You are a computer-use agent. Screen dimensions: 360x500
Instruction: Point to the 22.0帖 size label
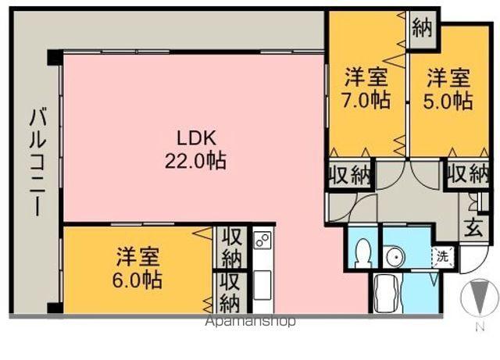pyautogui.click(x=195, y=162)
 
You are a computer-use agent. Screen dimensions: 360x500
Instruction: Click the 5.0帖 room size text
pyautogui.click(x=448, y=102)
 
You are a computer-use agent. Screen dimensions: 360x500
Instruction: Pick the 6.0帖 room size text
pyautogui.click(x=139, y=279)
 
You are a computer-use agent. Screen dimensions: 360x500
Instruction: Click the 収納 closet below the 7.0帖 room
pyautogui.click(x=349, y=175)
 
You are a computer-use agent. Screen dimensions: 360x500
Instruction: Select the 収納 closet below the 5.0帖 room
pyautogui.click(x=468, y=175)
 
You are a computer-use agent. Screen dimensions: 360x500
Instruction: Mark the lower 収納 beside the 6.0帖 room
pyautogui.click(x=230, y=291)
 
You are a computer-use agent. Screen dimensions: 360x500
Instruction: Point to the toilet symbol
pyautogui.click(x=362, y=251)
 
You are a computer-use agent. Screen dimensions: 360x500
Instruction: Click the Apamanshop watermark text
pyautogui.click(x=250, y=321)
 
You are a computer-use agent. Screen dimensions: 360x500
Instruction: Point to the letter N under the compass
pyautogui.click(x=477, y=328)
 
